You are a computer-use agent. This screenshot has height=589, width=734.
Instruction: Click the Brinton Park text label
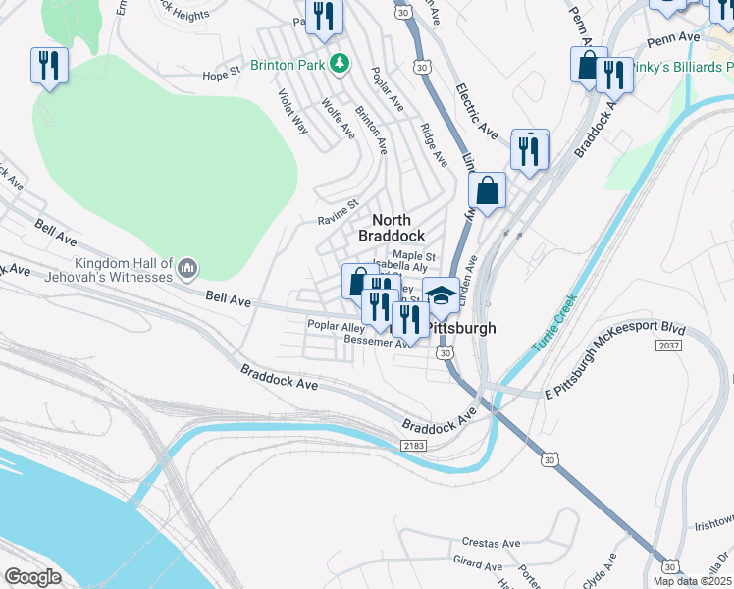288,65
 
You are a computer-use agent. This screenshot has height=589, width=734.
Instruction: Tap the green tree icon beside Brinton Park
340,64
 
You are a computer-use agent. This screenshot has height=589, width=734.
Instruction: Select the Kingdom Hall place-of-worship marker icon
188,267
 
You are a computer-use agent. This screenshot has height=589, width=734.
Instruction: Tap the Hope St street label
221,75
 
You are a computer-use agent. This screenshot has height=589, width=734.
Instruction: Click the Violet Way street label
292,112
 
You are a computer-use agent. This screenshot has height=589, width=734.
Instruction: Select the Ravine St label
338,209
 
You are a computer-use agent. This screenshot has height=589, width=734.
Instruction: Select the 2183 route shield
414,446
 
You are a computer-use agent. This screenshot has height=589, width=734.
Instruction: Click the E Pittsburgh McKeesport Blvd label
614,360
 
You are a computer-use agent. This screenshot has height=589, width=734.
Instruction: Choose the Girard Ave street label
478,564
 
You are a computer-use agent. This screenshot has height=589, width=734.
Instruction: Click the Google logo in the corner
32,577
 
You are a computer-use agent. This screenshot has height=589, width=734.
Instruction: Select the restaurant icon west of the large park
47,66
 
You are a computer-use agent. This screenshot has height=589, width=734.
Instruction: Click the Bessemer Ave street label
379,343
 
